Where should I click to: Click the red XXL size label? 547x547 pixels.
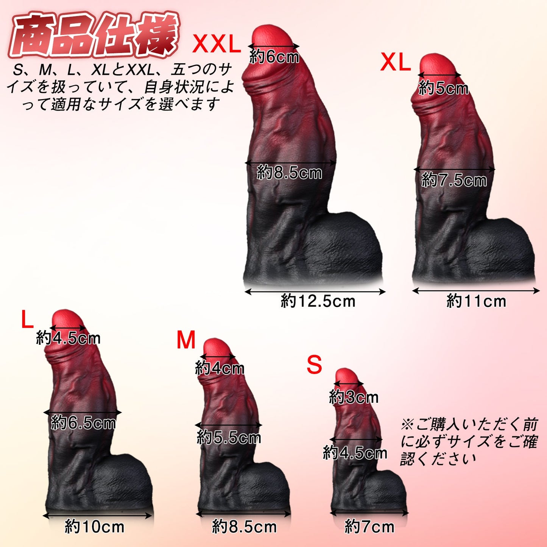pos(217,45)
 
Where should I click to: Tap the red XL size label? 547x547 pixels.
pos(396,62)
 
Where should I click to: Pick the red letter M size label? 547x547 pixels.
pos(186,340)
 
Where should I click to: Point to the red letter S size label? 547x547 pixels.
pos(314,365)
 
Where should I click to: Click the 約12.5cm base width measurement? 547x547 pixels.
pos(318,301)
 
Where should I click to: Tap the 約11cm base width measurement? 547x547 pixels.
pos(476,301)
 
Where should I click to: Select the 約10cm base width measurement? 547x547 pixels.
pos(95,527)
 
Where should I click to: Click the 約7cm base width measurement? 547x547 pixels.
pos(369,527)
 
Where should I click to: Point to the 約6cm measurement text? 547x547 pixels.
pos(274,57)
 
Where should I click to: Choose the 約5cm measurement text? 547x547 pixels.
pos(444,89)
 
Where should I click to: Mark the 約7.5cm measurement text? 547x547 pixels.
pos(454,180)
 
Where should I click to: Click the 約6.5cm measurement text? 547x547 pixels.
pos(83,422)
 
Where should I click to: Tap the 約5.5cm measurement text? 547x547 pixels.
pos(229,438)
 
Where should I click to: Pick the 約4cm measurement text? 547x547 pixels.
pos(220,368)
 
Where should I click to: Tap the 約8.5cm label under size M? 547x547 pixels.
pos(245,527)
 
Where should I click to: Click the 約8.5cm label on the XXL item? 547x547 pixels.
pos(290,173)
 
